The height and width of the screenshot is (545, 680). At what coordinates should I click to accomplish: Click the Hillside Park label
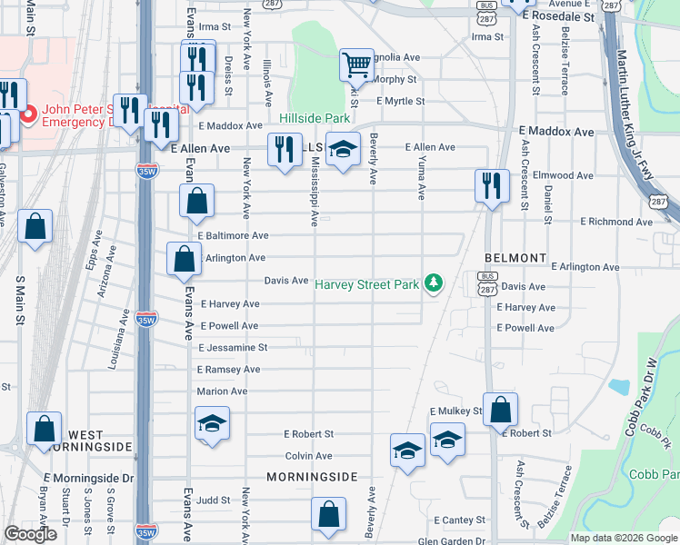pyautogui.click(x=315, y=119)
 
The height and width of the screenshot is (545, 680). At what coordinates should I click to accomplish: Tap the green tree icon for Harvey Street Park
pyautogui.click(x=435, y=284)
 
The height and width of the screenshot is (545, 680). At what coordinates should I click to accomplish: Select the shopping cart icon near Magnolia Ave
pyautogui.click(x=356, y=64)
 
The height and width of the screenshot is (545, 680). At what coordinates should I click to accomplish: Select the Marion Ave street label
pyautogui.click(x=222, y=391)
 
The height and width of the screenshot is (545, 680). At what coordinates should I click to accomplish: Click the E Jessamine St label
pyautogui.click(x=233, y=347)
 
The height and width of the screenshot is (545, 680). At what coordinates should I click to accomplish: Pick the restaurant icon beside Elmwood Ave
pyautogui.click(x=492, y=185)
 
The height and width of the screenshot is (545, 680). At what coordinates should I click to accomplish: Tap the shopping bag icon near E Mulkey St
pyautogui.click(x=500, y=410)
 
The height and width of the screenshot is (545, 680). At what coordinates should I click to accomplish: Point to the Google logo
pyautogui.click(x=30, y=534)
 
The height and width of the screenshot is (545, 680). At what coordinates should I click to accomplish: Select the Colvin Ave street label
pyautogui.click(x=310, y=456)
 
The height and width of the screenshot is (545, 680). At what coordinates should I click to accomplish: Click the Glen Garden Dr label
pyautogui.click(x=451, y=540)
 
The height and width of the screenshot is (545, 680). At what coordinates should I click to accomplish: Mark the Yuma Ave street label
pyautogui.click(x=421, y=176)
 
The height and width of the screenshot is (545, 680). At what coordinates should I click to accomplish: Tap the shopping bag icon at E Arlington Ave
pyautogui.click(x=184, y=259)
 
